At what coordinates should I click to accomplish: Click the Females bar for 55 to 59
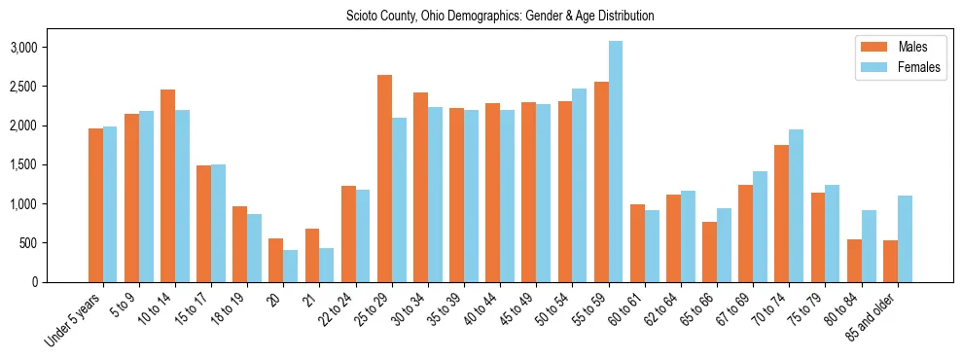click(x=616, y=162)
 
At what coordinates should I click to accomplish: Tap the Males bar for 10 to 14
click(x=167, y=186)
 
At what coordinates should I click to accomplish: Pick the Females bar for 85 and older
click(x=905, y=238)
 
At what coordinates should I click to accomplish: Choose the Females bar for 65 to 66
click(x=724, y=245)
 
